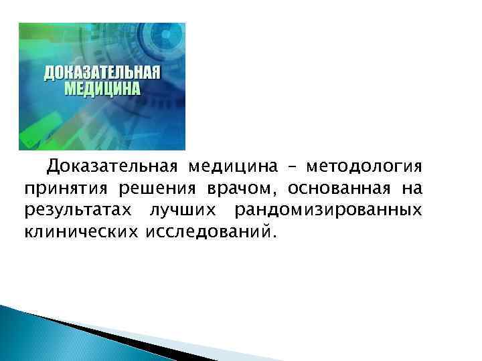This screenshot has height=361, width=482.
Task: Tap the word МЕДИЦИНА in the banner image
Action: click(x=102, y=88)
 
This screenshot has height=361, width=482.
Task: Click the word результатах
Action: click(x=79, y=211)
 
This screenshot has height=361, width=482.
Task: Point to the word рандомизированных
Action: click(x=328, y=211)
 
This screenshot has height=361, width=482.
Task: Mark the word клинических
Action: click(x=79, y=233)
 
